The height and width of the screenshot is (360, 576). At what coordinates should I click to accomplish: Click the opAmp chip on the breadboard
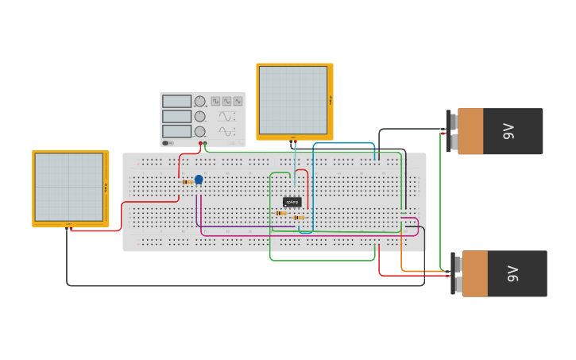[x=292, y=202]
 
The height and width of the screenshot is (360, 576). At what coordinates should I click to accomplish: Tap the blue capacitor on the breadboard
[x=199, y=180]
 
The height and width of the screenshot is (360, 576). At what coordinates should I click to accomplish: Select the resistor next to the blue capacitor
[x=187, y=182]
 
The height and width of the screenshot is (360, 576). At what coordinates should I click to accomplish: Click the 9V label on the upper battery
[x=508, y=131]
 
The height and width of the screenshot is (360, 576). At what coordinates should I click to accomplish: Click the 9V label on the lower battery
[x=512, y=274]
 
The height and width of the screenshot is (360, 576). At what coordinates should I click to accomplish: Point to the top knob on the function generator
[x=200, y=102]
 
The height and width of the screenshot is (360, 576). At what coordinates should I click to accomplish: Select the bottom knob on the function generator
[x=200, y=131]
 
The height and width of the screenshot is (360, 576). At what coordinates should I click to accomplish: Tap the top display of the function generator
[x=176, y=102]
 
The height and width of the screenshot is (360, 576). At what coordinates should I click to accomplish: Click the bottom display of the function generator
[x=176, y=131]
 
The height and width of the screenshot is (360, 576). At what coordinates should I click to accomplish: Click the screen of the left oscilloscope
[x=68, y=187]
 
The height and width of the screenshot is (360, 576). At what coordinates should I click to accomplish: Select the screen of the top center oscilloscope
[x=292, y=100]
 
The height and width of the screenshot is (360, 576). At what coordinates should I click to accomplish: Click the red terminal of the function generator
[x=200, y=144]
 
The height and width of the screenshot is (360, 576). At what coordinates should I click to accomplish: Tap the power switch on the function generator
[x=168, y=143]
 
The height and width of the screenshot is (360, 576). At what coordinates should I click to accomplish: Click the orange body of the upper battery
[x=470, y=131]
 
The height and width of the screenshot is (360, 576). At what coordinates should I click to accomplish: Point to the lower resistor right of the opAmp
[x=299, y=218]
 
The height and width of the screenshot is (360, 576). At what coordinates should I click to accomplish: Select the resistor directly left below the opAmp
[x=280, y=213]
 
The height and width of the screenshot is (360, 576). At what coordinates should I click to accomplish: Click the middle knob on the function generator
[x=200, y=116]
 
